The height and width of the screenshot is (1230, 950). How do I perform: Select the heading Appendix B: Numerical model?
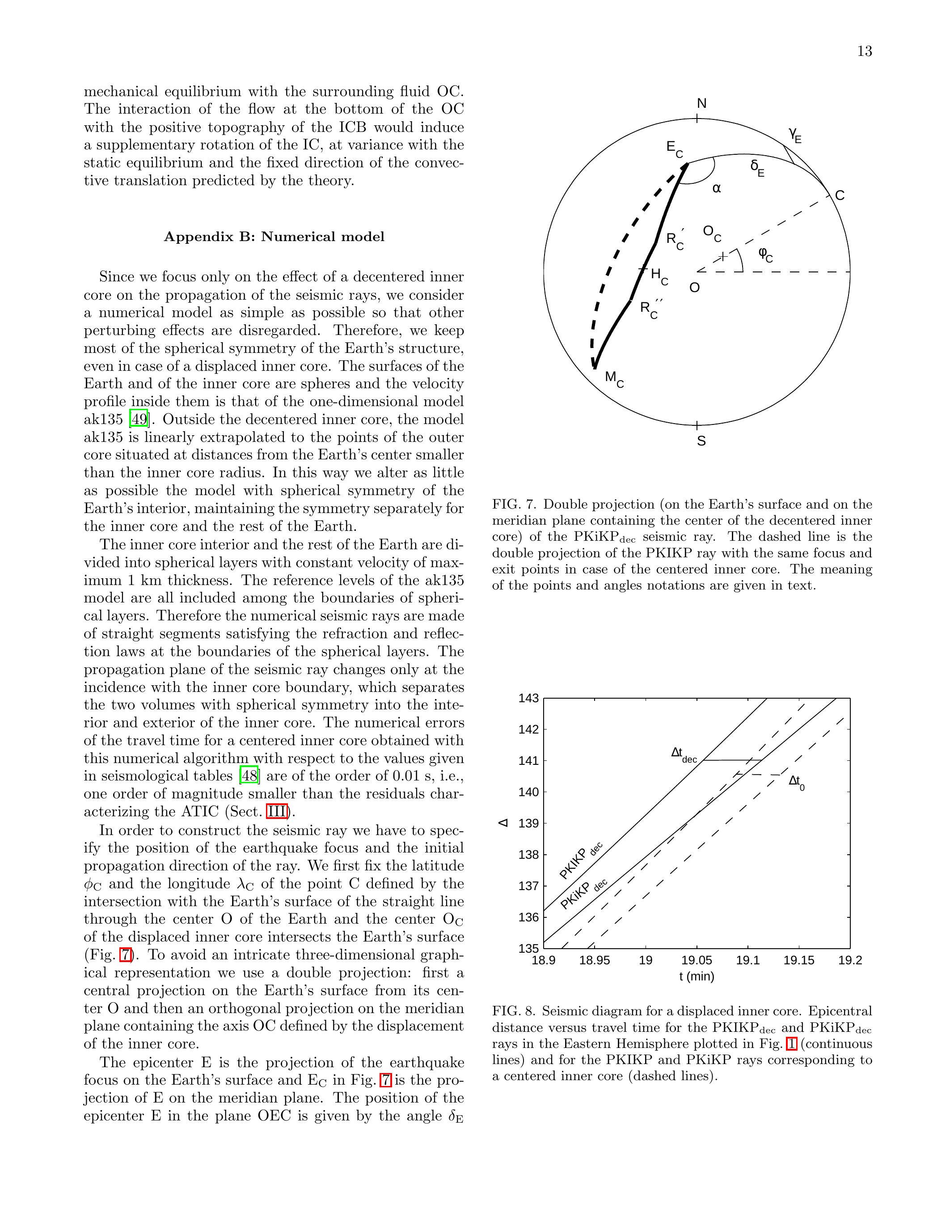[274, 237]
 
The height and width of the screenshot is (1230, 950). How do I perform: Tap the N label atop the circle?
[701, 104]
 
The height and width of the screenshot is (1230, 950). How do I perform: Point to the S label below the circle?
[701, 441]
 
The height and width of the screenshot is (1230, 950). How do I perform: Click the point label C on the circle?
[840, 195]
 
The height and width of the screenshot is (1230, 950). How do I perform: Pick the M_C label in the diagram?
[614, 378]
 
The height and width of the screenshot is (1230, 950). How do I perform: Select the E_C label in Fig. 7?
[674, 148]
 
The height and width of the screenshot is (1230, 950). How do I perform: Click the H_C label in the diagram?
[659, 276]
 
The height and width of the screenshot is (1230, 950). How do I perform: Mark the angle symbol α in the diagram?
[717, 189]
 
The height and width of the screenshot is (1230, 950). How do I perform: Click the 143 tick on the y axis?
[528, 698]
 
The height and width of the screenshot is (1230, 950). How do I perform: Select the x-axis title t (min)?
[697, 976]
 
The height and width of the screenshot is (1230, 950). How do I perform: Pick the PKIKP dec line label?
[580, 860]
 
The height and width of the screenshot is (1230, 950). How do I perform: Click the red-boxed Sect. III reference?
[277, 811]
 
